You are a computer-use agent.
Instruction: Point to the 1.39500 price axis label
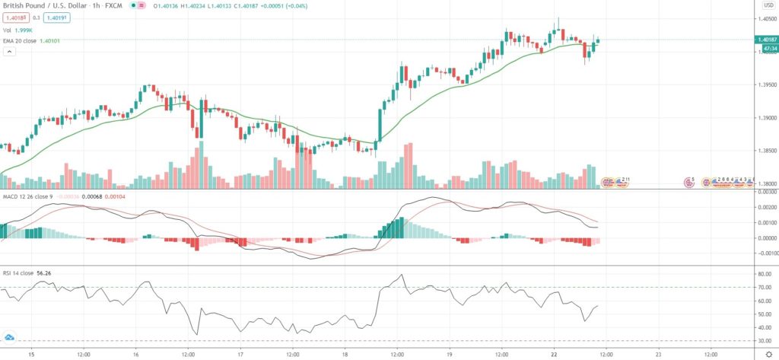click(764, 84)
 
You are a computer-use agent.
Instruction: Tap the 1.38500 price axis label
click(764, 151)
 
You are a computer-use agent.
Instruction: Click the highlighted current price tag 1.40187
click(765, 39)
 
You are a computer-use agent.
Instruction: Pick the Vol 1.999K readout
click(20, 29)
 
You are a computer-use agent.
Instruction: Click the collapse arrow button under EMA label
click(10, 51)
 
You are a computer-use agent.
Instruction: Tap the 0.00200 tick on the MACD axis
click(764, 206)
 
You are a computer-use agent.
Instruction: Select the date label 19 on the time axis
click(449, 353)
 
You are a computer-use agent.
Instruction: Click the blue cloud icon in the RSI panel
click(10, 336)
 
